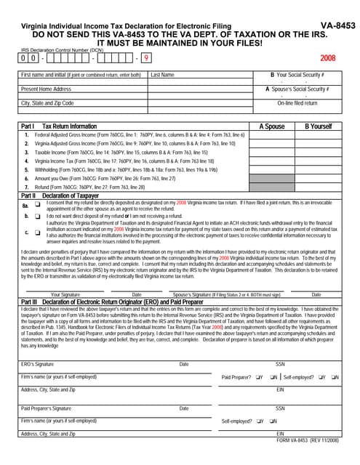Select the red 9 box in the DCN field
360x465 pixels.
[147, 57]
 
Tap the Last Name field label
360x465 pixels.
[162, 75]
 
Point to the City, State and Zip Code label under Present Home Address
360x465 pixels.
[47, 103]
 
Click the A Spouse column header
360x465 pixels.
[272, 126]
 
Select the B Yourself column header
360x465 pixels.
[318, 126]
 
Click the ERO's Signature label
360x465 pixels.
[37, 363]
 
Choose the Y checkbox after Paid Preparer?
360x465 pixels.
[259, 377]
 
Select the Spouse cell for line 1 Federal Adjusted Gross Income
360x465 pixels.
[272, 135]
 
